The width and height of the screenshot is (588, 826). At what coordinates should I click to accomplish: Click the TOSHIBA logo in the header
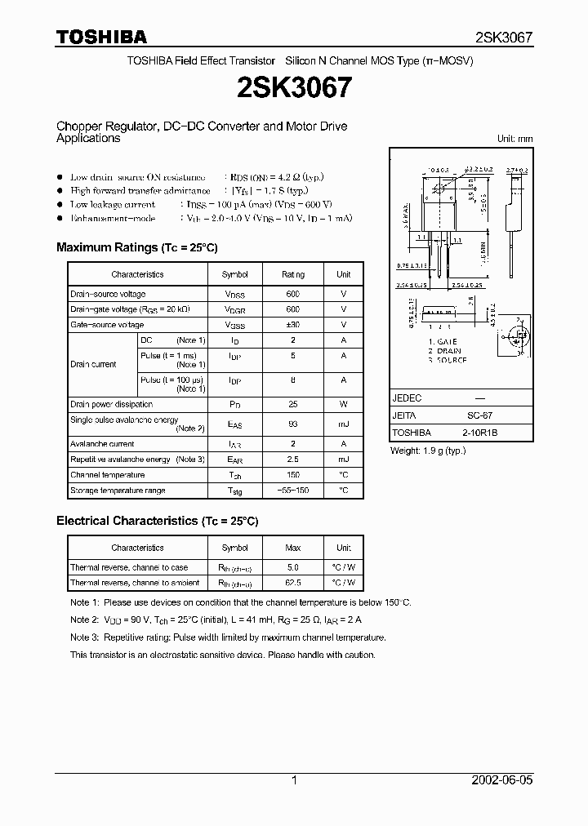(101, 37)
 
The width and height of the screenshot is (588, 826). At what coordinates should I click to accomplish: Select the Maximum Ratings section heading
(136, 247)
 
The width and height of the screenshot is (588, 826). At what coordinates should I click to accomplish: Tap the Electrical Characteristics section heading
(157, 520)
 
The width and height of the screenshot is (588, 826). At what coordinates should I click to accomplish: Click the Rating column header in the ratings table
(293, 275)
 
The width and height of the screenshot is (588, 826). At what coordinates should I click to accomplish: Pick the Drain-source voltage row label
(108, 294)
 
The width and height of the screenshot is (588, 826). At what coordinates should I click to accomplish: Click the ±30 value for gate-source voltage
(293, 325)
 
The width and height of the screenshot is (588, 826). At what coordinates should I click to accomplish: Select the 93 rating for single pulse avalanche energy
(293, 424)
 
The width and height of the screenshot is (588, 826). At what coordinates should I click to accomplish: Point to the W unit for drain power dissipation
(344, 404)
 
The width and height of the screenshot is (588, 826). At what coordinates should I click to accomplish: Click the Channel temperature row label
(107, 475)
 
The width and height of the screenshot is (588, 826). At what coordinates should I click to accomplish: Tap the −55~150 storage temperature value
(293, 491)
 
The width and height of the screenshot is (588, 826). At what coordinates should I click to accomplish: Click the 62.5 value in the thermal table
(293, 583)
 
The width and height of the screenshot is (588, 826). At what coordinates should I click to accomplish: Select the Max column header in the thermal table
(293, 548)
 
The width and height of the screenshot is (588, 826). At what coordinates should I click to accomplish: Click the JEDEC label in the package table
(407, 397)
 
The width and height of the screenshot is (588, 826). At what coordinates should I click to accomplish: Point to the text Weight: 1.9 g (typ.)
(428, 451)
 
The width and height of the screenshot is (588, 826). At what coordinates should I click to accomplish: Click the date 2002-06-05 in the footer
(501, 780)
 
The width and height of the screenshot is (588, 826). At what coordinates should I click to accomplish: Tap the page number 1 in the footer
(294, 780)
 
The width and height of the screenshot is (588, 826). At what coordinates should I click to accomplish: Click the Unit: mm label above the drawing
(514, 139)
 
